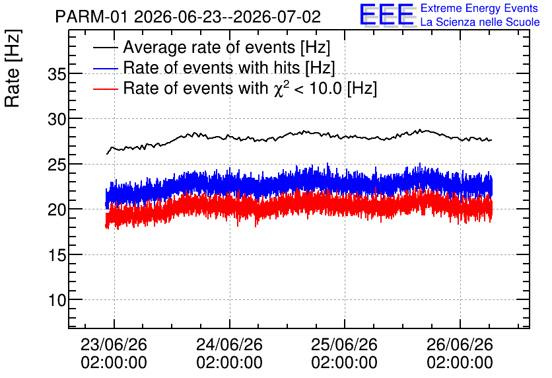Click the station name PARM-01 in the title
tap(92, 17)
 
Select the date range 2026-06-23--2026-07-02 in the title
tap(227, 17)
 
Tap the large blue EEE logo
tap(388, 15)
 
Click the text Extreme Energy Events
tap(479, 8)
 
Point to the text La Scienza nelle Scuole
tap(480, 22)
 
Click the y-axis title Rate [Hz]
tap(13, 68)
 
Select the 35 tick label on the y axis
tap(57, 74)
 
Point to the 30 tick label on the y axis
tap(57, 120)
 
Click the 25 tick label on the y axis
tap(57, 165)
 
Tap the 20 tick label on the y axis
tap(57, 210)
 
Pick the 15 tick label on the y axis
tap(57, 255)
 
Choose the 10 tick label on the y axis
tap(57, 300)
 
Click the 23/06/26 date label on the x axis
tap(114, 344)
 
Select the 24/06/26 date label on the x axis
tap(229, 344)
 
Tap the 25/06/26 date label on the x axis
tap(344, 344)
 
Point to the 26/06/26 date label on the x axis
tap(460, 344)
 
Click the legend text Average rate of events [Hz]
tap(226, 47)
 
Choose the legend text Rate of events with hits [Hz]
tap(229, 67)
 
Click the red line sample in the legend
tap(106, 89)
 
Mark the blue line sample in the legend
tap(106, 68)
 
